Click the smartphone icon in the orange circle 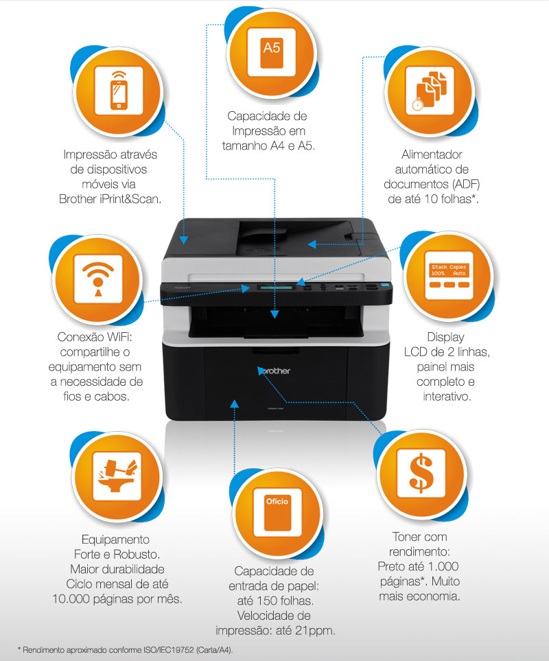click(x=119, y=91)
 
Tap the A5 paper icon click(x=272, y=52)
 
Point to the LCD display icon click(x=449, y=276)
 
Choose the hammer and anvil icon click(x=117, y=476)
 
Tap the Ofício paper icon click(x=277, y=513)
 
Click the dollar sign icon click(x=421, y=474)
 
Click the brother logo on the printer click(x=274, y=371)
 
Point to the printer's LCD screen click(x=276, y=288)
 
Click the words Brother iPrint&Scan click(x=110, y=199)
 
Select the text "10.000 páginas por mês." click(x=117, y=599)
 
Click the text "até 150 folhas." click(x=275, y=601)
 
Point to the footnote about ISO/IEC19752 click(x=125, y=650)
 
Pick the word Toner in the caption click(x=407, y=537)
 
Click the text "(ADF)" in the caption click(x=466, y=184)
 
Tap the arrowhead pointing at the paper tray click(x=235, y=404)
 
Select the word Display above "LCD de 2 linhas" click(x=446, y=337)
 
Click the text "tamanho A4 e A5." click(x=269, y=146)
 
